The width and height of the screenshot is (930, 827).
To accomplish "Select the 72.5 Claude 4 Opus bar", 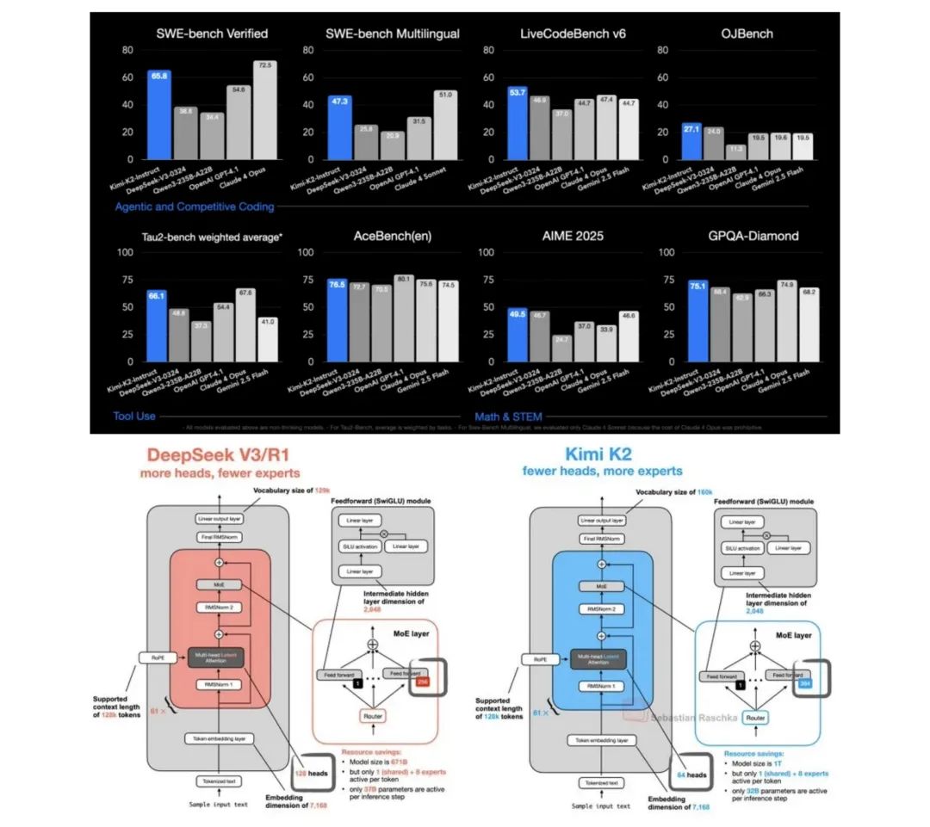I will (264, 110).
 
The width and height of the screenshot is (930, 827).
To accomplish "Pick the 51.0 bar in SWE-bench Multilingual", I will (445, 125).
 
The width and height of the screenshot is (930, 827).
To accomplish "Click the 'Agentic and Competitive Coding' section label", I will (195, 207).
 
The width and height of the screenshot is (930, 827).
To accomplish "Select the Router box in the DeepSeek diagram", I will (372, 716).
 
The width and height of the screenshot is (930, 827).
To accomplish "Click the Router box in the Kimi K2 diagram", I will (754, 716).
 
